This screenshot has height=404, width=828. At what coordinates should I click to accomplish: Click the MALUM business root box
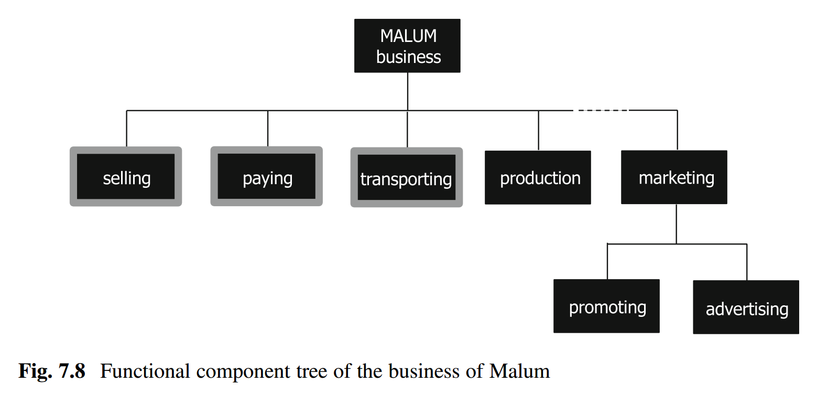pos(407,46)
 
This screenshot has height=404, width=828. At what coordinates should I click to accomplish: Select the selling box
pos(126,177)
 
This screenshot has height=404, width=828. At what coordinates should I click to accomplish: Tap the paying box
pos(266,177)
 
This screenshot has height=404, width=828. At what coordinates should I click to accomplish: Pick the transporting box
pos(406,178)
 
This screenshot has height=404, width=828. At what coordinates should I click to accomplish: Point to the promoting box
pos(606,306)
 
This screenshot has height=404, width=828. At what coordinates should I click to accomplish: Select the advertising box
pos(746,307)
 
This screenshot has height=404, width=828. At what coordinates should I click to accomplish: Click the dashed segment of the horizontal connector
pos(602,110)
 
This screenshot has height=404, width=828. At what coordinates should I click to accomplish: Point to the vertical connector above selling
pos(126,129)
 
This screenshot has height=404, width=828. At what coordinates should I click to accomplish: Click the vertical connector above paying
pos(268,129)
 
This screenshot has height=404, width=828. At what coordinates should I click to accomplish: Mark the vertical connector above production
pos(539,130)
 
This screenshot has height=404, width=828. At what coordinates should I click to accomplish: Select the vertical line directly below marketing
pos(677,224)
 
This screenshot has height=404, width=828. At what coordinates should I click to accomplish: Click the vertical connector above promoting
pos(607,261)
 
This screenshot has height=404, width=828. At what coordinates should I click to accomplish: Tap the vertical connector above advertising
pos(747,262)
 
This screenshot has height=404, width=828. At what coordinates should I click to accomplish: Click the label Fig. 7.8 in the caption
pos(52,371)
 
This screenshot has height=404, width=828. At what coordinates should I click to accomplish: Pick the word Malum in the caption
pos(519,371)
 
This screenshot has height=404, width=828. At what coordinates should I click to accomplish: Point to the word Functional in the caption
pos(145,371)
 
